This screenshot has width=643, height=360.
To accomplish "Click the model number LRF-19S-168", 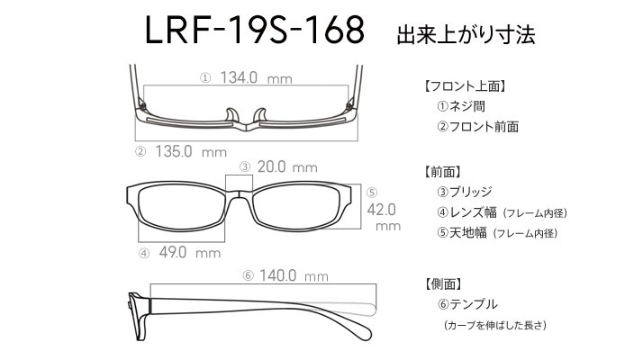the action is click(x=254, y=30).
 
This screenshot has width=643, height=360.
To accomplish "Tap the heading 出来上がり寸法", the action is click(x=466, y=34).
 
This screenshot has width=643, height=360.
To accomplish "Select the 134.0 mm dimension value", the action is click(x=257, y=77).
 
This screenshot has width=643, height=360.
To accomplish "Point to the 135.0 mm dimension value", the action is click(x=191, y=151).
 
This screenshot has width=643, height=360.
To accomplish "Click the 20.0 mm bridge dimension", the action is click(x=287, y=166).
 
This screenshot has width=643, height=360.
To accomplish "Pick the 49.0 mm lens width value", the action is click(x=190, y=252).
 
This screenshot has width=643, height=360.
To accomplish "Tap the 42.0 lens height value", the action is click(x=381, y=210).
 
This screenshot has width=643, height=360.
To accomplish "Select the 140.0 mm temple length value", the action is click(x=294, y=275).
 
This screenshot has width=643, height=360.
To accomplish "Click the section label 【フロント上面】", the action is click(x=466, y=86).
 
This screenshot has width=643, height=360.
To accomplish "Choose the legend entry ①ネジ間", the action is click(x=461, y=106).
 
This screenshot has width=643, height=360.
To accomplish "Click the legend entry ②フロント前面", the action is click(x=477, y=126).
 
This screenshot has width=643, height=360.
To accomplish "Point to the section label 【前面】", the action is click(x=443, y=171).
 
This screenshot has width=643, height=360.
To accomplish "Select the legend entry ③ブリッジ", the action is click(x=464, y=192).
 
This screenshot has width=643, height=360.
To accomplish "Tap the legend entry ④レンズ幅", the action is click(x=466, y=212).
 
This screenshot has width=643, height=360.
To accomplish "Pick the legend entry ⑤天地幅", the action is click(x=462, y=232).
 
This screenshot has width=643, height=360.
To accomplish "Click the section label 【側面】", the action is click(x=443, y=283).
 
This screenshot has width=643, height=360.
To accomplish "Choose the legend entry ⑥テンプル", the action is click(x=467, y=304).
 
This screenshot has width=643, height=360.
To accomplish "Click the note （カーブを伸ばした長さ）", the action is click(x=495, y=325).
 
